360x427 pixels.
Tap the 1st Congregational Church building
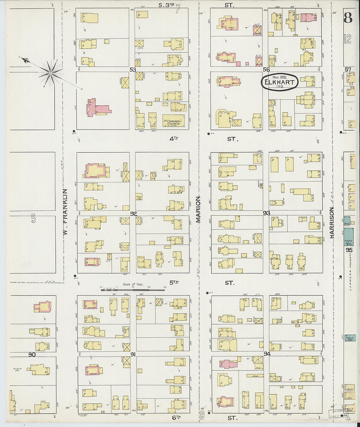coord(173,121)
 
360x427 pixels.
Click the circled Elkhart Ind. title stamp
coord(279,82)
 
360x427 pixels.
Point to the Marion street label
coord(198,210)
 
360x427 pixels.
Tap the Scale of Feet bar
coord(133,289)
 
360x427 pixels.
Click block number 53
coord(133,69)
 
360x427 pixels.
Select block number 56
coord(266,69)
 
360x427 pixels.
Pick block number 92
coord(133,214)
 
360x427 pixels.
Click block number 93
coord(266,213)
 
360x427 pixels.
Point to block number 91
coord(133,354)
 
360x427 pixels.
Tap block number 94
coord(267,354)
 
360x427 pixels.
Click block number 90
coord(32,355)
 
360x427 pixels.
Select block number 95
coord(349,250)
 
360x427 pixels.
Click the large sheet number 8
coord(348,18)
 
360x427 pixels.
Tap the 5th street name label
coord(173,282)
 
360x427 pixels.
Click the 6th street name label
coord(176,417)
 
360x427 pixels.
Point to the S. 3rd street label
coord(166,5)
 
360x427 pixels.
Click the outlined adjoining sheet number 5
coord(33,218)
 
